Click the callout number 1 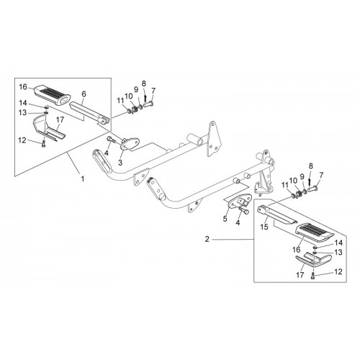pos(83,179)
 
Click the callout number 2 pos(207,239)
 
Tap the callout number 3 pos(120,163)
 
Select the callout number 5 pos(225,219)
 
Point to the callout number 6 pos(84,94)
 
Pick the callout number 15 pos(264,227)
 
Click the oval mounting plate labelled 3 pos(130,143)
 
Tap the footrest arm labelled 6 pos(90,112)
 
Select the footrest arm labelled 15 pos(276,214)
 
